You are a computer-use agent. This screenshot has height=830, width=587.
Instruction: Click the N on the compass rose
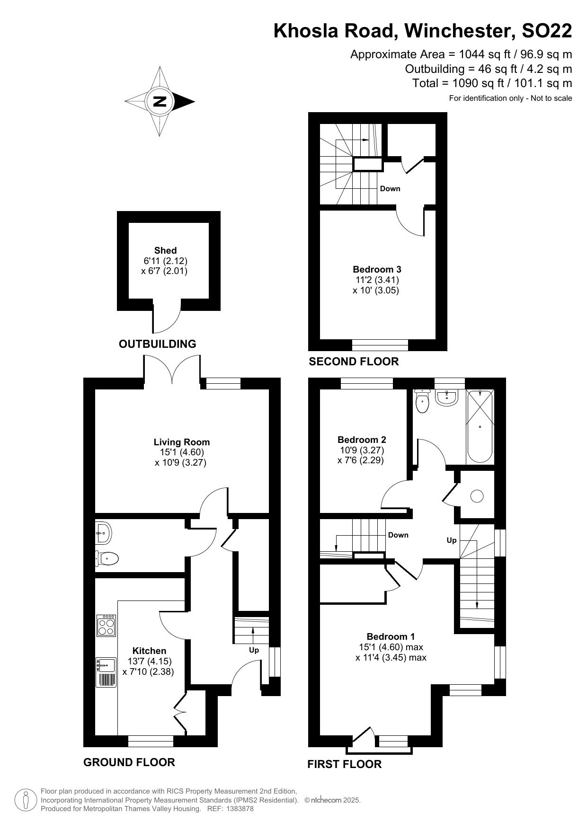point(160,102)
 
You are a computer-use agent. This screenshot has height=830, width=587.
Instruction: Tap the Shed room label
point(165,250)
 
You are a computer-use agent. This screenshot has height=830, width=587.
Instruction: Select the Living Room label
point(181,442)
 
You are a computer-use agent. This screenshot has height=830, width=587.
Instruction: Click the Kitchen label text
point(149,651)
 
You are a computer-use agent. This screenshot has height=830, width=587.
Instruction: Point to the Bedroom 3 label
point(377,269)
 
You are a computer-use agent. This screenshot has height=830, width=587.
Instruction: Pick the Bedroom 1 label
point(391,636)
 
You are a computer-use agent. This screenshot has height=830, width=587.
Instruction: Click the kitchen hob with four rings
point(106,625)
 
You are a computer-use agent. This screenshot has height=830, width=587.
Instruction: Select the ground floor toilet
point(107,559)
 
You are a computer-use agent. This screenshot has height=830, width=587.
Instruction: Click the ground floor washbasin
point(103,533)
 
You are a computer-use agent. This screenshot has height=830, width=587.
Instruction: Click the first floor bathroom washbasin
point(446,398)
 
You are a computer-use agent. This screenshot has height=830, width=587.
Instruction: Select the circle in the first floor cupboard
point(477,496)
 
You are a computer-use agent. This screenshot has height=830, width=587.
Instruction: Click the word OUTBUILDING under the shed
point(157,344)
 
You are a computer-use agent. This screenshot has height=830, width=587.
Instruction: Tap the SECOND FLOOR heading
point(354,362)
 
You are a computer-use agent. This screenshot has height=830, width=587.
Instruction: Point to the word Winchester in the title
point(459,31)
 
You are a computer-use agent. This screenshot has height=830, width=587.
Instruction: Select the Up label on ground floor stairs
point(254,650)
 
